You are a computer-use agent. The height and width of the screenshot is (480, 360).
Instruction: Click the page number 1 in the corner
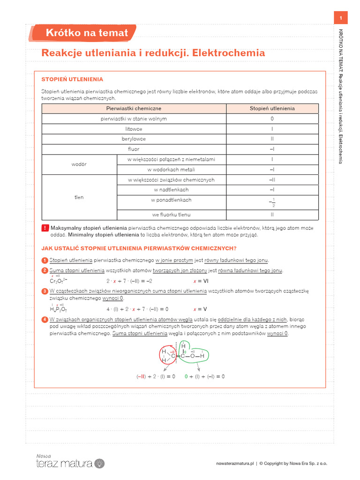pos(341,18)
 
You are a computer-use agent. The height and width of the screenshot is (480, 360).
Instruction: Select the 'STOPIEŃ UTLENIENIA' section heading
pos(72,80)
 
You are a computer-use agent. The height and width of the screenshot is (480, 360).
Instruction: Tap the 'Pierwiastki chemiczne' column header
pos(134,108)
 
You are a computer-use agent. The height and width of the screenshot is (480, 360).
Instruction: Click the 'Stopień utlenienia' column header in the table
pos(272,108)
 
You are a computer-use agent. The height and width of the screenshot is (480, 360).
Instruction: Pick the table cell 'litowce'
pos(134,129)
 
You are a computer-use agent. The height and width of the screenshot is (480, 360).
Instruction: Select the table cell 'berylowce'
pos(134,139)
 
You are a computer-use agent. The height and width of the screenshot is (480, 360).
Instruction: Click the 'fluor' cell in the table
pos(134,150)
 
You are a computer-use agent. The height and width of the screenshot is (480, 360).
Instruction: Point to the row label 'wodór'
pos(79,165)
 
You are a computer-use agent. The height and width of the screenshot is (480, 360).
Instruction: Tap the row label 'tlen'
pos(79,197)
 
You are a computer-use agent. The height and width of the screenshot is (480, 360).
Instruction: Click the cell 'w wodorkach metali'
pos(171,170)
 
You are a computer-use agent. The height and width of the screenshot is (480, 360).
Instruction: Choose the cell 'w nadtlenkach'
pos(171,190)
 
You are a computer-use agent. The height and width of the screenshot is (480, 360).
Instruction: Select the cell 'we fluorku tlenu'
pos(171,215)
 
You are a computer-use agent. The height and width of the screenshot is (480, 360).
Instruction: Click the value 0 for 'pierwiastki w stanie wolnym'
pos(272,119)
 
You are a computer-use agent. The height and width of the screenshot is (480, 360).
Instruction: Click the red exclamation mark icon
pos(45,228)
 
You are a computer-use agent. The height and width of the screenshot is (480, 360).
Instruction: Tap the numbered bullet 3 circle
pos(45,291)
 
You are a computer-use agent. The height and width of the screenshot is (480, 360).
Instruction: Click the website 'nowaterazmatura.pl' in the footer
pos(235,464)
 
